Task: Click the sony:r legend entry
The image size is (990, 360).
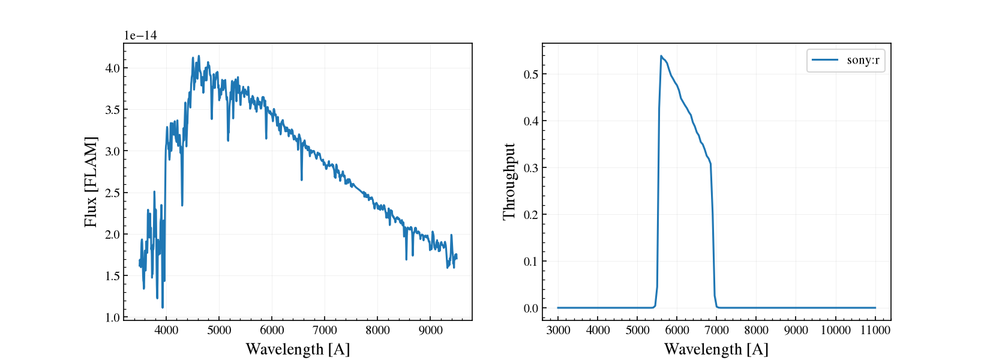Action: coord(845,60)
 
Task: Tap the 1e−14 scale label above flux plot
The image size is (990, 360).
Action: coord(140,35)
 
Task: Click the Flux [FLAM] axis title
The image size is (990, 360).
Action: coord(91,182)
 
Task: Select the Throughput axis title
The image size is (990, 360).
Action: coord(509,182)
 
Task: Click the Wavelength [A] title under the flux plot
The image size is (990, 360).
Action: coord(298,349)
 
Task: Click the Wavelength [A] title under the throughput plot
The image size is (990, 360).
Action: coord(716,349)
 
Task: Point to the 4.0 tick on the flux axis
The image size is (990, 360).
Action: coord(112,68)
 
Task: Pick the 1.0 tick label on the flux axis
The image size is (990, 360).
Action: coord(112,317)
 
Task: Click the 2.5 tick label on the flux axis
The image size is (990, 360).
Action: coord(112,193)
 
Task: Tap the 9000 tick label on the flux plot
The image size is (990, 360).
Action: coord(430,331)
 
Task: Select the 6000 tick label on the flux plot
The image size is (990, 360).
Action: coord(272,331)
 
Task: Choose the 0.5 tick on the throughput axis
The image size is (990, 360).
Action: coord(531,74)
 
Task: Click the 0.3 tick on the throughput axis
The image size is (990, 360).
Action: coord(531,168)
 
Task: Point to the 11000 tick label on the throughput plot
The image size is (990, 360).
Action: coord(875,331)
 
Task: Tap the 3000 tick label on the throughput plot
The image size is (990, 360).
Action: coord(558,331)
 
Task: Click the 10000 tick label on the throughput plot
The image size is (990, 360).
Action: coord(836,331)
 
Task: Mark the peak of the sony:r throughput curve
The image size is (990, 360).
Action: coord(661,56)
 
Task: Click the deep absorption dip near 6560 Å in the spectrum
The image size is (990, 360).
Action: coord(302,179)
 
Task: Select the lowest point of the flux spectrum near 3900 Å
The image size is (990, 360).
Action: coord(163,307)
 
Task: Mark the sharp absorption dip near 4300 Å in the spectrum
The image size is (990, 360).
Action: coord(182,205)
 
